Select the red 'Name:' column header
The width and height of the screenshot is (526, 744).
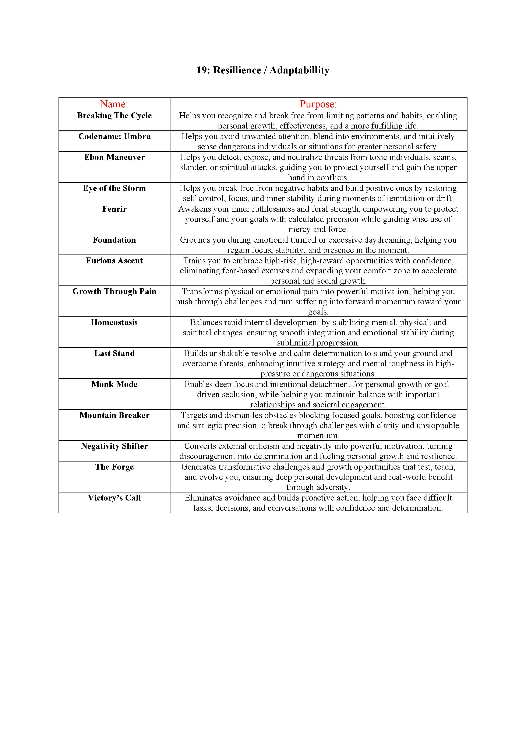[x=114, y=104]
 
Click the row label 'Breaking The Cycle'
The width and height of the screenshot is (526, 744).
[x=114, y=116]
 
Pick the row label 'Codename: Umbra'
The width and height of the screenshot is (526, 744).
[x=114, y=136]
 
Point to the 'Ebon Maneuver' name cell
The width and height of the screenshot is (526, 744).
[x=114, y=157]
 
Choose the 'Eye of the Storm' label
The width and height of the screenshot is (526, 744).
[x=114, y=188]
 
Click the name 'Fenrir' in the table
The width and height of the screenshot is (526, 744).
[x=114, y=209]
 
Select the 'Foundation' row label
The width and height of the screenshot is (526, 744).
[x=114, y=240]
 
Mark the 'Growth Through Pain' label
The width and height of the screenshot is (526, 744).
[x=114, y=291]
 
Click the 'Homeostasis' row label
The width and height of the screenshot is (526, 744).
[x=114, y=322]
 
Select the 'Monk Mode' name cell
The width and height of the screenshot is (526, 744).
[x=114, y=384]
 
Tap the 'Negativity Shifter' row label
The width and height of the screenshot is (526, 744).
[x=114, y=446]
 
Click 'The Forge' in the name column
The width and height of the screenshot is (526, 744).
[x=114, y=467]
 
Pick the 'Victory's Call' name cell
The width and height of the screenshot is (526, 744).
[x=114, y=498]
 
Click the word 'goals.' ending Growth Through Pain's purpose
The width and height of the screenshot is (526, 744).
[x=318, y=312]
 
